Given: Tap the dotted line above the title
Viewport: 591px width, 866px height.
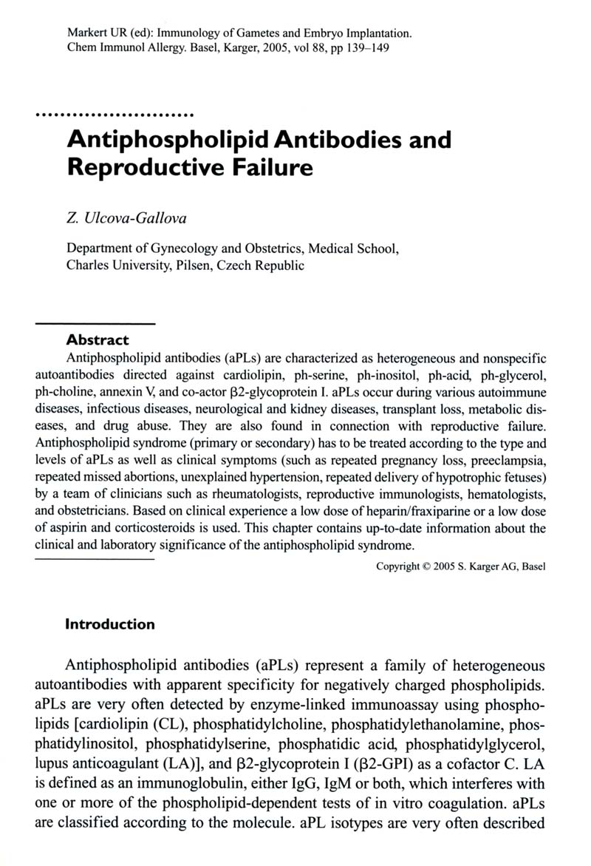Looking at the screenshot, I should click(x=115, y=115).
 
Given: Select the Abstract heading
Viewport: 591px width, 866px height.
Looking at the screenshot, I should click(x=98, y=340).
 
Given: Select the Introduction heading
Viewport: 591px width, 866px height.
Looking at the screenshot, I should click(x=111, y=624).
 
